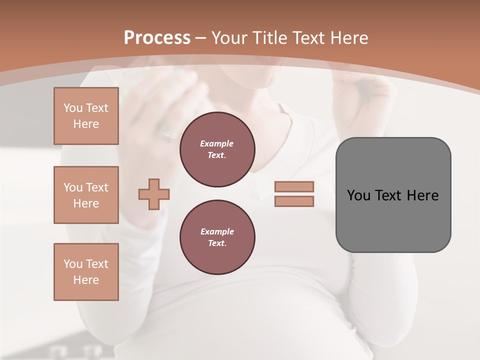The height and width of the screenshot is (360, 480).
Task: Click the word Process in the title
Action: point(157,38)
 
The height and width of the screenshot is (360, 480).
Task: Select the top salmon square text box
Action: point(86,116)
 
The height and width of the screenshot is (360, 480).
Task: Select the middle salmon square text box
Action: point(86,195)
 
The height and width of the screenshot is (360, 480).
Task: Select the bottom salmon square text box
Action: point(86,272)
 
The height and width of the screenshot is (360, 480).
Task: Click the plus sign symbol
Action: point(154,194)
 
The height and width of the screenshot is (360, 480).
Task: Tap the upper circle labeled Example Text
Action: point(217,149)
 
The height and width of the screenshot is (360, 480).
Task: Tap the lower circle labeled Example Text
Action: point(217,237)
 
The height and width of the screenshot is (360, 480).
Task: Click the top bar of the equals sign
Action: point(294,186)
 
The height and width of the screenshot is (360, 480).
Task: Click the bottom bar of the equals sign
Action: point(294,201)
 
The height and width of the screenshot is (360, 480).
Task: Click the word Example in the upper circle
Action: point(217,143)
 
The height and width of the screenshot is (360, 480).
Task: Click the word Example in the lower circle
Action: point(217,231)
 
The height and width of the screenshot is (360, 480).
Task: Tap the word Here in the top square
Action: point(86,124)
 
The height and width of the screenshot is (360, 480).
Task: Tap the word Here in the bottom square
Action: point(86,280)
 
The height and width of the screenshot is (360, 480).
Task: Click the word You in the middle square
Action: point(72,187)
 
